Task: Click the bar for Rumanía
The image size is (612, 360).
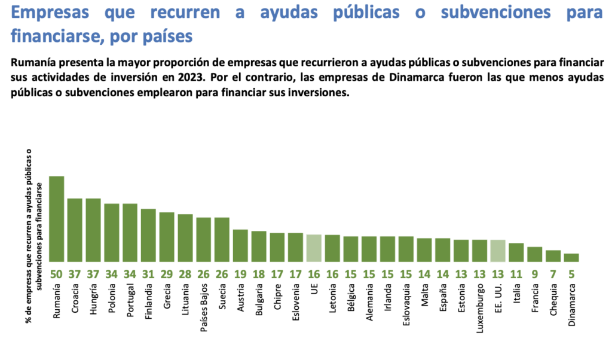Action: click(57, 219)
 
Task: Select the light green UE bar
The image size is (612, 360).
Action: click(314, 248)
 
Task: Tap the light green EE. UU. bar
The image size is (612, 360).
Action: click(498, 251)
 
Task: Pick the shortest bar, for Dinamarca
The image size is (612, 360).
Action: click(571, 258)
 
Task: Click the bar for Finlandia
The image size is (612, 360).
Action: click(148, 235)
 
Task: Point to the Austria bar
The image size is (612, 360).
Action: click(240, 246)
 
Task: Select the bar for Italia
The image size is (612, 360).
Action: click(516, 252)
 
